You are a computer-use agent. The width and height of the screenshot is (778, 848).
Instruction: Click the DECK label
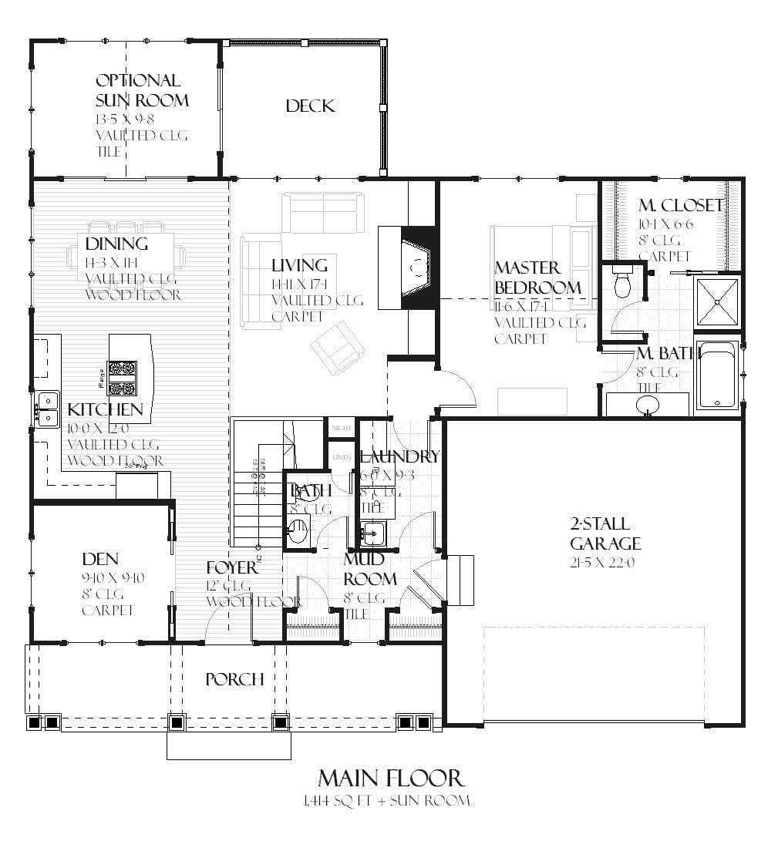click(310, 106)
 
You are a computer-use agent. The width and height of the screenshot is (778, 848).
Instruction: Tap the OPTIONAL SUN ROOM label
click(142, 90)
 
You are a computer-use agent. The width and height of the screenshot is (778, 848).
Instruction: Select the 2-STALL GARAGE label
click(605, 533)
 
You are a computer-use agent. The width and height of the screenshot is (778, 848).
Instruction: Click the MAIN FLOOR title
click(390, 777)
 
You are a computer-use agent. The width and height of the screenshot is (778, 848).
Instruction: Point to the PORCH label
click(234, 679)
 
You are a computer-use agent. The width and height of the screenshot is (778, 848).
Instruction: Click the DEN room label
click(100, 558)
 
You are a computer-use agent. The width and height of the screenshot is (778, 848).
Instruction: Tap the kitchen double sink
click(47, 409)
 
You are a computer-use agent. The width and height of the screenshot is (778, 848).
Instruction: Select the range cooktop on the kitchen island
click(122, 378)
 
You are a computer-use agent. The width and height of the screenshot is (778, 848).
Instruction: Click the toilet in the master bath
click(622, 283)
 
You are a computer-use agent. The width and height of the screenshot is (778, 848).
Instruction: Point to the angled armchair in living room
click(338, 348)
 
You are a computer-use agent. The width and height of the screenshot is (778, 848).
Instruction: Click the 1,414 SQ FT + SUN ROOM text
click(386, 801)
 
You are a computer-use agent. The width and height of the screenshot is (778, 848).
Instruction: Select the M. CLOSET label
click(680, 205)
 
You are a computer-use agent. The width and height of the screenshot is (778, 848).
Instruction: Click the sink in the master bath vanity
click(646, 403)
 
